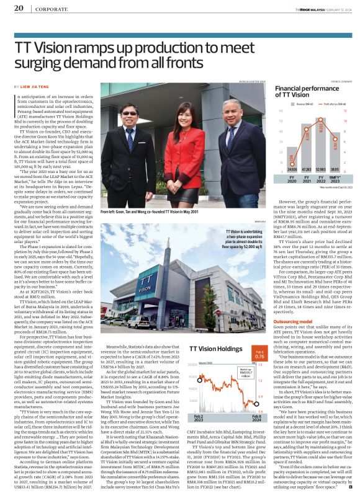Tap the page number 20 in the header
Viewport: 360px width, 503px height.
[x=19, y=7]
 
